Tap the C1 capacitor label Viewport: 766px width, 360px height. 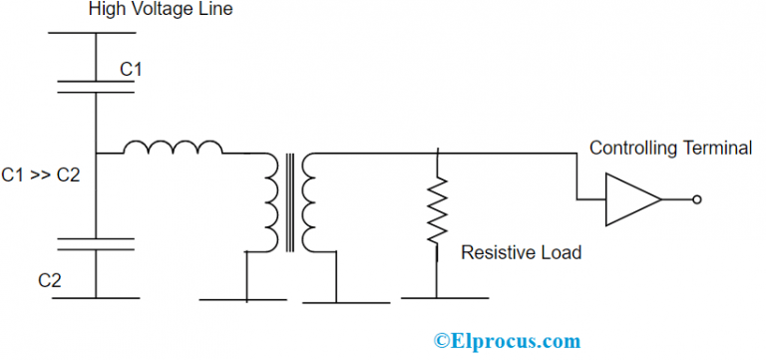pos(132,69)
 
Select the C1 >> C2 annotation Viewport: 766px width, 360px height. pos(41,176)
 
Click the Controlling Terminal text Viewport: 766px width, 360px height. pos(670,148)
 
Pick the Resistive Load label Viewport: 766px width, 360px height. pos(521,253)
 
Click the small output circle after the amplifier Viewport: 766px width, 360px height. pos(696,199)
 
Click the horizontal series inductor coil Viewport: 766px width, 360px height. pos(174,149)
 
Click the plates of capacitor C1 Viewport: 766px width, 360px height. pos(96,86)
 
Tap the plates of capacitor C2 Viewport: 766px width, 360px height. pos(96,244)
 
